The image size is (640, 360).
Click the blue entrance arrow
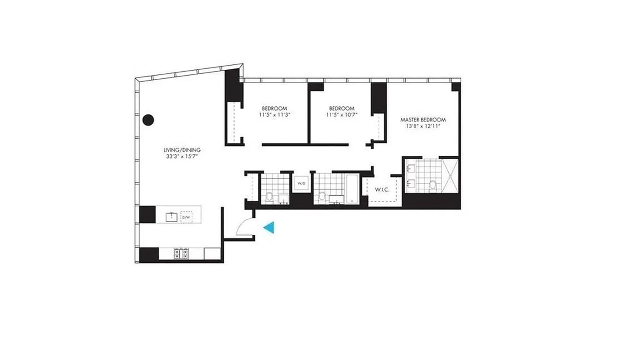(269, 228)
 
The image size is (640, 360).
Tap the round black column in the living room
(149, 120)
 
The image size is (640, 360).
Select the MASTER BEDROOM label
(423, 120)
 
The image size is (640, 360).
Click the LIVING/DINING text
(182, 150)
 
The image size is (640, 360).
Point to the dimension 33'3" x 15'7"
(182, 157)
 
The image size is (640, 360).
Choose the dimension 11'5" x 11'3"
(275, 115)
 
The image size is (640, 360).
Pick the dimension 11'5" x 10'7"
(342, 115)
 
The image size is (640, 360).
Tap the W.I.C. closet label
(382, 189)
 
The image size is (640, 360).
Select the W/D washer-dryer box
(300, 183)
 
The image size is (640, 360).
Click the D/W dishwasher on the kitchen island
(186, 216)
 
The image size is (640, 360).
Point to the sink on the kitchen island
(171, 217)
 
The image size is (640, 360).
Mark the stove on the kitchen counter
(181, 254)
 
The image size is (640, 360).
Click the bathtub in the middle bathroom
(352, 189)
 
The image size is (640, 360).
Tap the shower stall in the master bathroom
(449, 175)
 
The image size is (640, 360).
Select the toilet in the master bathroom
(433, 184)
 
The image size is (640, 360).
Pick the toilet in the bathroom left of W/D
(270, 196)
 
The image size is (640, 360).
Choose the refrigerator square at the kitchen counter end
(211, 254)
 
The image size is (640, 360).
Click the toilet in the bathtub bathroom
(322, 196)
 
